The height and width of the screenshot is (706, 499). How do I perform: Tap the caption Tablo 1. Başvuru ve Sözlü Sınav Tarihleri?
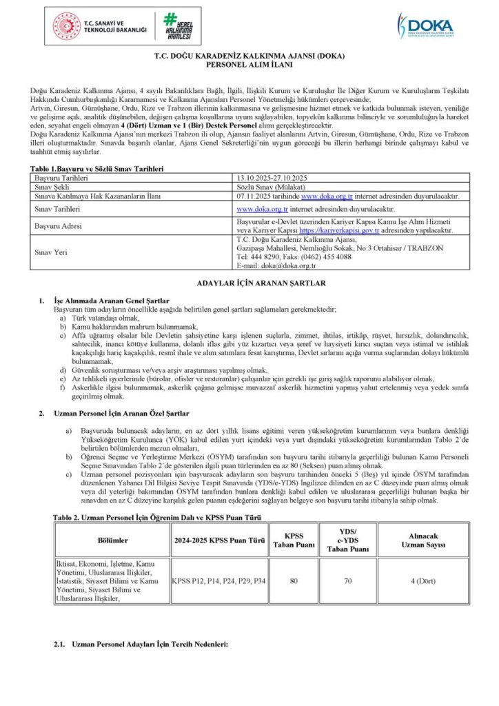96,168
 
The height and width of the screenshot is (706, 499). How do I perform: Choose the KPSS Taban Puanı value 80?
294,581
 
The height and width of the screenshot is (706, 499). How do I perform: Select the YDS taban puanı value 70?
347,581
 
